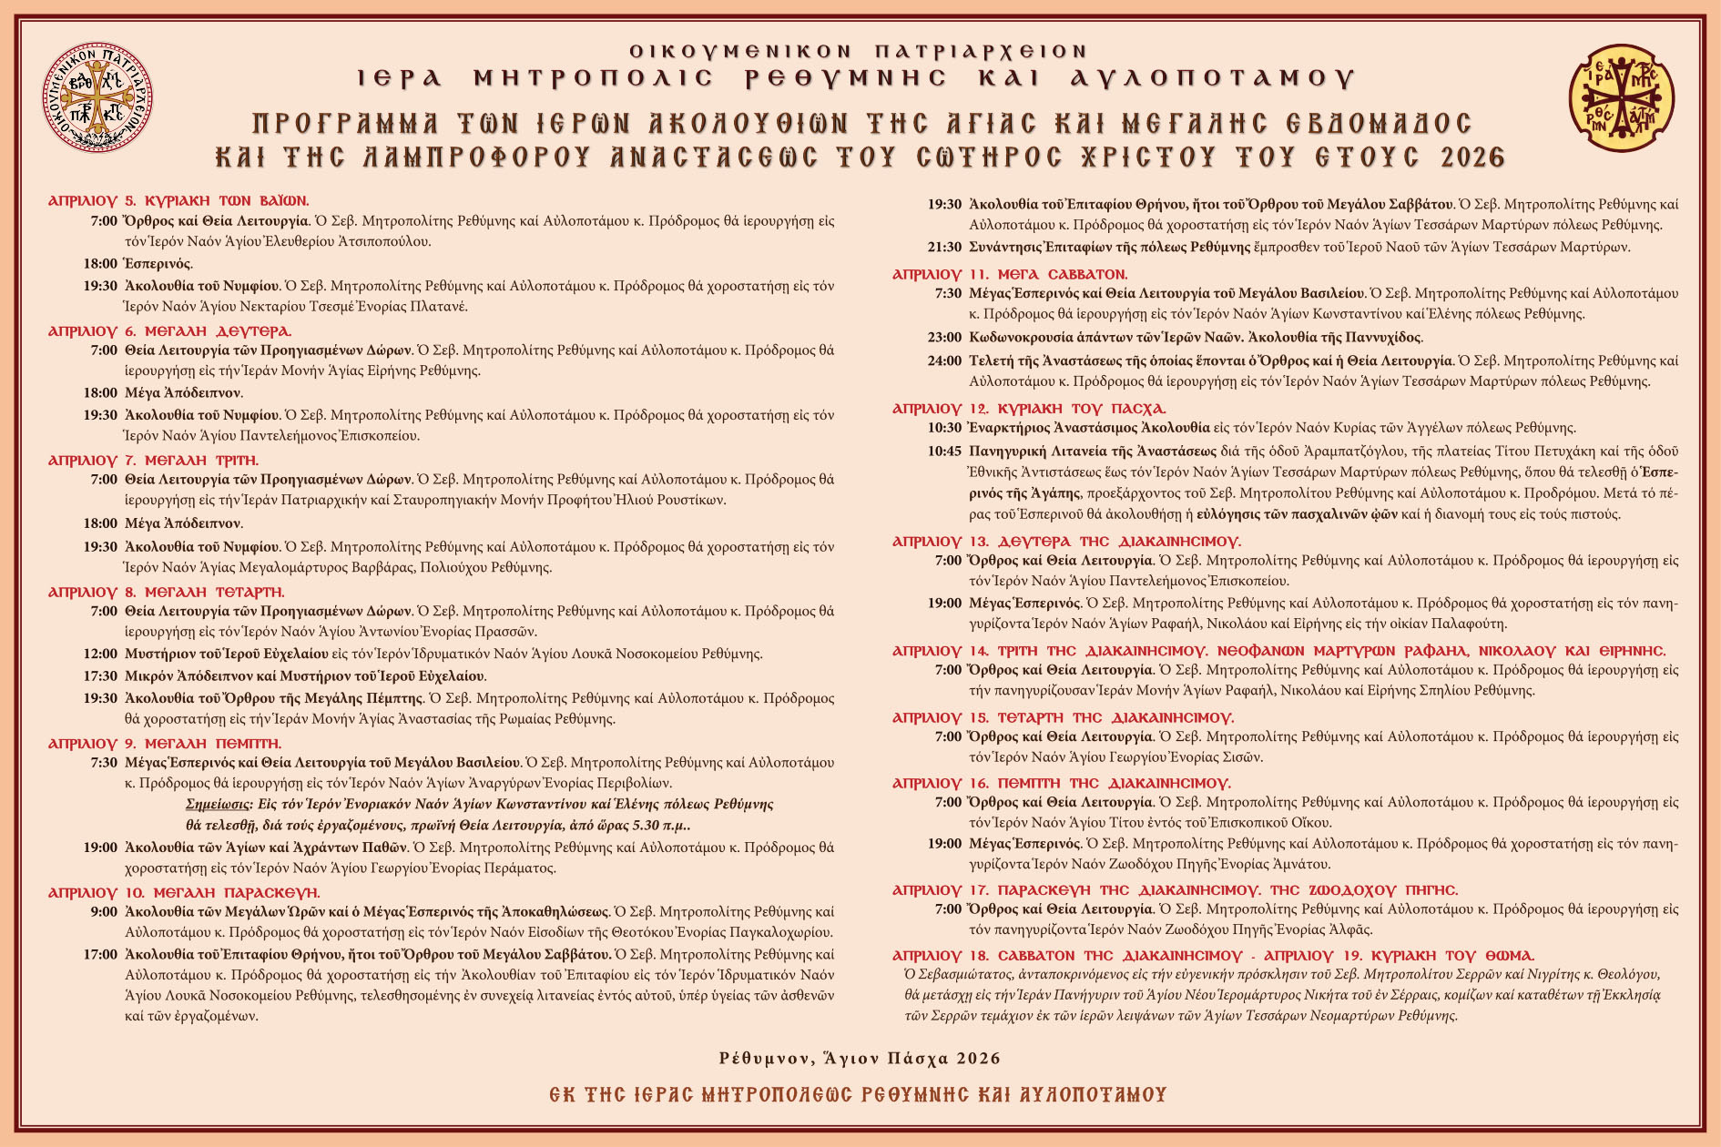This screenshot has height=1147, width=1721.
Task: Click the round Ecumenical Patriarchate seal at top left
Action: point(97,97)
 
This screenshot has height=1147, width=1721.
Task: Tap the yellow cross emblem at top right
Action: point(1622,98)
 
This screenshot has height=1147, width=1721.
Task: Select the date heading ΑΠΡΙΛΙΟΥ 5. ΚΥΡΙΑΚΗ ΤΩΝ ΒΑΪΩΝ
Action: point(178,200)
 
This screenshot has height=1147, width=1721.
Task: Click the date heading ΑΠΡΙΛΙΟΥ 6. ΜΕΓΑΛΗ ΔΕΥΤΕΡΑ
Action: point(169,331)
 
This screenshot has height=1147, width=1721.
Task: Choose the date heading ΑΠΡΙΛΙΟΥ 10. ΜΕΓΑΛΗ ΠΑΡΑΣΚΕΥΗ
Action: point(184,893)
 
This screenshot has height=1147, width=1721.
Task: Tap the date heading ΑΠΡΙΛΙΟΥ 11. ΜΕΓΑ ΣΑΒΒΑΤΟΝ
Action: point(1010,274)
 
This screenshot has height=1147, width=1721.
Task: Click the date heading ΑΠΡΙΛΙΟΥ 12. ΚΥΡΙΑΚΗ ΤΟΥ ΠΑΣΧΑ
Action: point(1029,409)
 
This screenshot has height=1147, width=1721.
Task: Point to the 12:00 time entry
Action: point(100,654)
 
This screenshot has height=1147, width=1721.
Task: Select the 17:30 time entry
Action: point(100,676)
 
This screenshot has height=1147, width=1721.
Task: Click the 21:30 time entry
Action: point(944,248)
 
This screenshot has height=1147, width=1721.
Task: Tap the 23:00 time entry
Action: point(944,338)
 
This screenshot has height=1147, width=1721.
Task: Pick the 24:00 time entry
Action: point(944,361)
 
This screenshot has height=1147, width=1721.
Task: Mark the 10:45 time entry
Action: point(944,451)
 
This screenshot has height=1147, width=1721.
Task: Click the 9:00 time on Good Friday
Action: point(104,912)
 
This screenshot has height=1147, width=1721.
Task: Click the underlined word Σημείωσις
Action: point(218,805)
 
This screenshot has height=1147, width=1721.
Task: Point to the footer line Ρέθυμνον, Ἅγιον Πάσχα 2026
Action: point(860,1059)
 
